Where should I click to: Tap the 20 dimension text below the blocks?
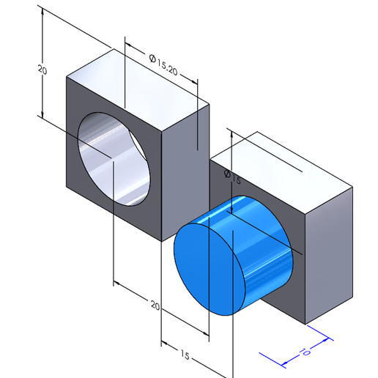point(155,304)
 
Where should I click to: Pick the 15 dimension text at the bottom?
point(185,355)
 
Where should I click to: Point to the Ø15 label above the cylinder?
point(227,177)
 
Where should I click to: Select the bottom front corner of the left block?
point(163,241)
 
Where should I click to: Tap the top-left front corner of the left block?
point(67,78)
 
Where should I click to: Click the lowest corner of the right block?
point(305,322)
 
